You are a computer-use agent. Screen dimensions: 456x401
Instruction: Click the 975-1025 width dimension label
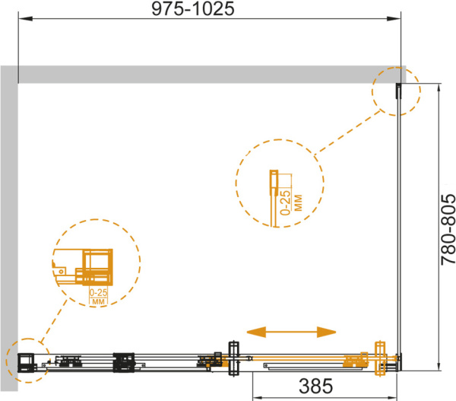click(x=193, y=8)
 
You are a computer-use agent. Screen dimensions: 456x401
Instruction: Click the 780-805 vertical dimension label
click(x=448, y=230)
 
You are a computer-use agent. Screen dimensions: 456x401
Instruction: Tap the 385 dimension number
click(x=315, y=386)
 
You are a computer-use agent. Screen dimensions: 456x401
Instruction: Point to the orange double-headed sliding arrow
click(x=291, y=332)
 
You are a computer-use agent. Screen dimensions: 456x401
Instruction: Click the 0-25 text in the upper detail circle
click(x=286, y=202)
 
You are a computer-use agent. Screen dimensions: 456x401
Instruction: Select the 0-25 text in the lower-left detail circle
click(x=98, y=292)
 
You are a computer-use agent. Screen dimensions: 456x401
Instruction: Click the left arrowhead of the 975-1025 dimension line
click(x=25, y=19)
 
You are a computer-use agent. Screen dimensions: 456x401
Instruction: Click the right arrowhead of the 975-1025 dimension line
click(x=394, y=19)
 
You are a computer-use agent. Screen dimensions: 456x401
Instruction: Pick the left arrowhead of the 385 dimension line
click(x=259, y=397)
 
